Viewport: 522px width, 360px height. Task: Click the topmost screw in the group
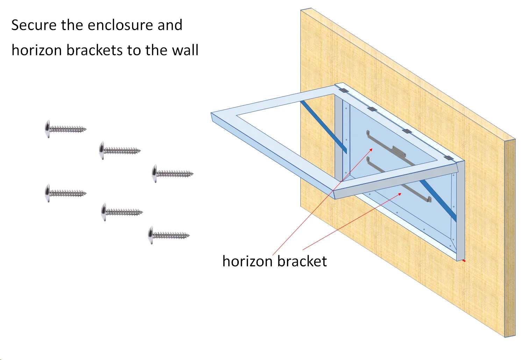tap(65, 129)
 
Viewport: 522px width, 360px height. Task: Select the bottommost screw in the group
tap(169, 235)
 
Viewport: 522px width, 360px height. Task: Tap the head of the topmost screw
tap(48, 129)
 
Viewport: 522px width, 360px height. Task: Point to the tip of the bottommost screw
tap(188, 236)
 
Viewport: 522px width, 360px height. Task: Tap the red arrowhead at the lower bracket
tap(400, 194)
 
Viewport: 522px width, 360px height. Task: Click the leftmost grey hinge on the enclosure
tap(343, 91)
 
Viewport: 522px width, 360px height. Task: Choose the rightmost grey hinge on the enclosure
tap(449, 158)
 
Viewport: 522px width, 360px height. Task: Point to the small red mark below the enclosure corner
tap(464, 260)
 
